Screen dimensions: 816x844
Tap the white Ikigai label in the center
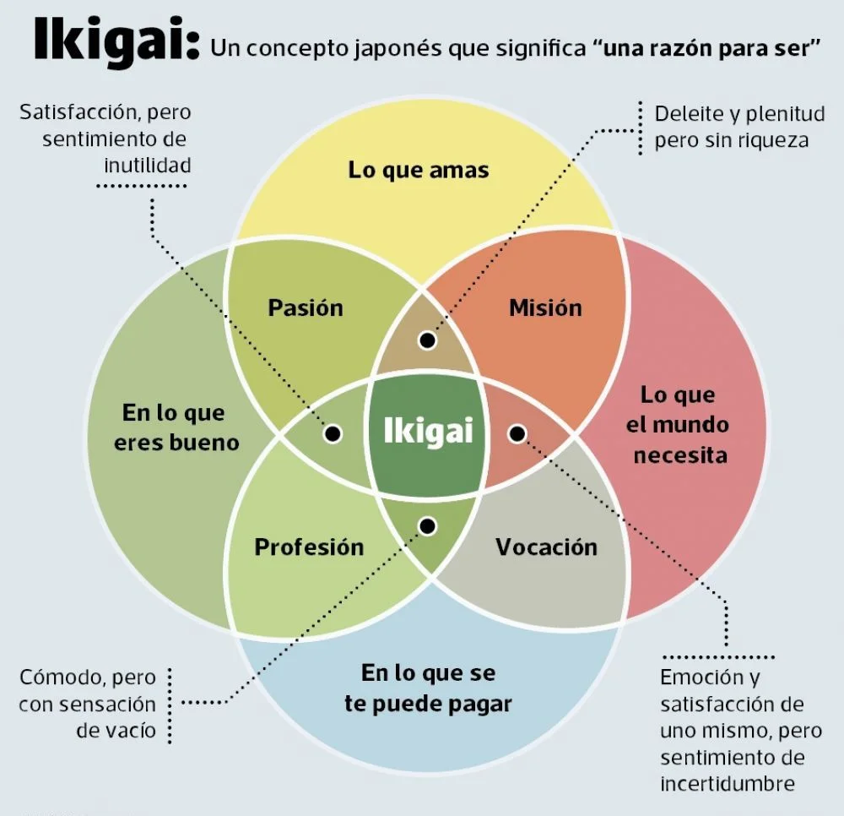[x=428, y=432]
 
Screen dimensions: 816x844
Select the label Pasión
[x=306, y=307]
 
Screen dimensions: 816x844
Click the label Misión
[x=545, y=307]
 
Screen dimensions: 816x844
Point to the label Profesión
[x=309, y=547]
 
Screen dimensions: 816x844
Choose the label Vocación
[x=546, y=547]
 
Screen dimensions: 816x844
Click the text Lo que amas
[x=419, y=170]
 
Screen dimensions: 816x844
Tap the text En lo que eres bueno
[x=176, y=427]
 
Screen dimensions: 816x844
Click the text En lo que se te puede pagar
[x=428, y=688]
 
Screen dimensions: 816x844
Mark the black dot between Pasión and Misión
[x=427, y=340]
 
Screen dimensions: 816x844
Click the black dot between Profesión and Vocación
[x=427, y=526]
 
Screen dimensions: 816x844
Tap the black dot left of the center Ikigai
[x=333, y=433]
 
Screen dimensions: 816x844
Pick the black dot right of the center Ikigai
[x=517, y=433]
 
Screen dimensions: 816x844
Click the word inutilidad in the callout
[x=148, y=164]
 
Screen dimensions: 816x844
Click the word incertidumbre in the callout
[x=727, y=783]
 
